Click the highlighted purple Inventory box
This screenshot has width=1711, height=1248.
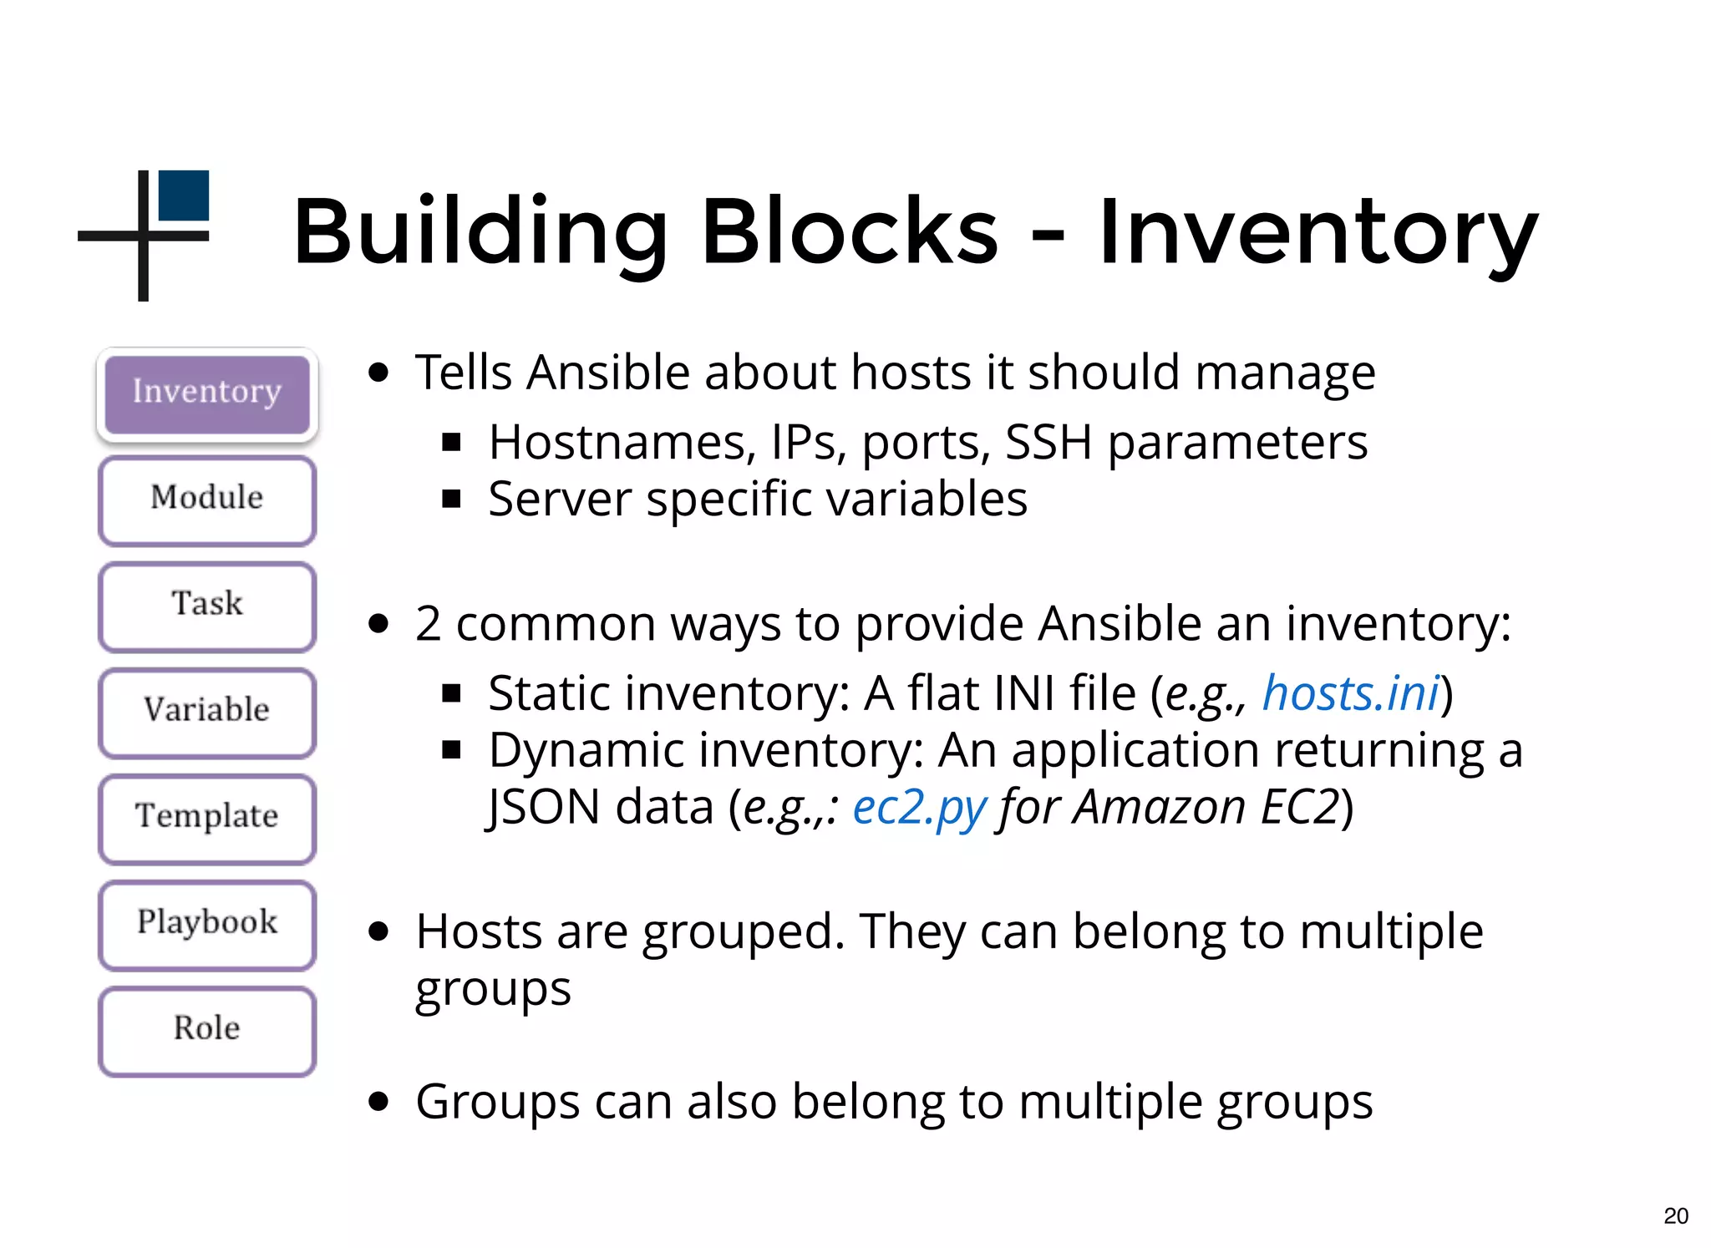(x=207, y=393)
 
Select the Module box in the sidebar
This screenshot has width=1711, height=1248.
(x=207, y=500)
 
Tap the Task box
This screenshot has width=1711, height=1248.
(x=207, y=606)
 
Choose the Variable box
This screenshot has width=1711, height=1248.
(x=207, y=712)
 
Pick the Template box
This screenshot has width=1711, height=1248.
(x=207, y=818)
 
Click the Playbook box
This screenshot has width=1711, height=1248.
(x=207, y=924)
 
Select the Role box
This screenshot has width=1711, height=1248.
(x=207, y=1030)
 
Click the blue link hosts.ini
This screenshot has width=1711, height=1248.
(x=1350, y=693)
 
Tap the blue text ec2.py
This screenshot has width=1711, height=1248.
(x=919, y=808)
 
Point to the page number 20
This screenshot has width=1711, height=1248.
(x=1675, y=1215)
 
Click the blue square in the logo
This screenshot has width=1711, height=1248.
(x=184, y=195)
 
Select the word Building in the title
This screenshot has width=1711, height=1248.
(x=480, y=231)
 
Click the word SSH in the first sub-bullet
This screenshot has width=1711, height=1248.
(x=1048, y=442)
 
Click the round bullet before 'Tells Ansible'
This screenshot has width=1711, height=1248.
(x=378, y=373)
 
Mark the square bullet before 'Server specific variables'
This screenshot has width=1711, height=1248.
(x=452, y=500)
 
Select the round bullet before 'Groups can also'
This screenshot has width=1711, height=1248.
(x=378, y=1102)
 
